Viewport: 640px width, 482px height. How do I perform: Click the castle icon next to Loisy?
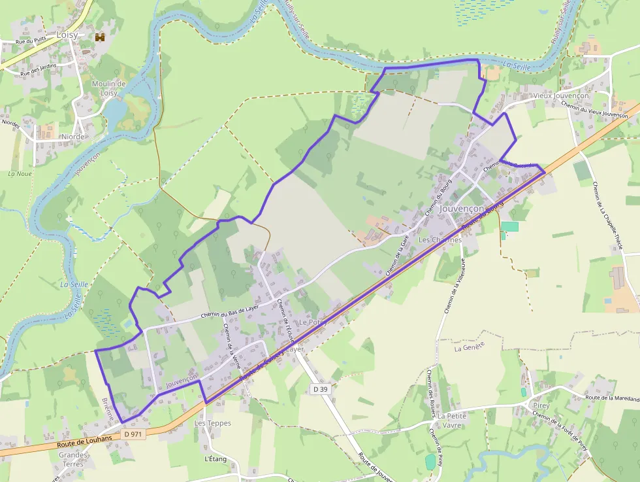[x=100, y=37]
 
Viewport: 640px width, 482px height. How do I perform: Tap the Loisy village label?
[x=67, y=35]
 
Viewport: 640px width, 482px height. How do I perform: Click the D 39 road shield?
[x=320, y=389]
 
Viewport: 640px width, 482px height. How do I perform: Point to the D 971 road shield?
[x=133, y=434]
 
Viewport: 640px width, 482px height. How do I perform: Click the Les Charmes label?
[x=440, y=240]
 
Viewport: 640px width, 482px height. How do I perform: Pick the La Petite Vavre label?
[x=453, y=420]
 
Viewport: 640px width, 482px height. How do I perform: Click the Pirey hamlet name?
[x=541, y=405]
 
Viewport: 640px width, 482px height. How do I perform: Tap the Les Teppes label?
[x=213, y=423]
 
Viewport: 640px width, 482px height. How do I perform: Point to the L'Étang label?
[x=216, y=459]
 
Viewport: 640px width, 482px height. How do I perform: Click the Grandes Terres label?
[x=73, y=459]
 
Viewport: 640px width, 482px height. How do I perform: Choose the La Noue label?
[x=20, y=173]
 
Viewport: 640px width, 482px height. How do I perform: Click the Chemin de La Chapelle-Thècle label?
[x=606, y=216]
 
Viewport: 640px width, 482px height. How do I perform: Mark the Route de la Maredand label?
[x=613, y=398]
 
